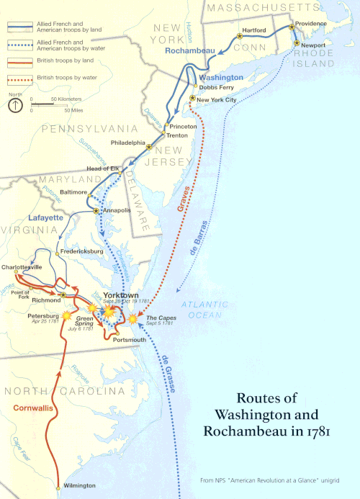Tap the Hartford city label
(x=254, y=30)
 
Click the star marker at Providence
(x=292, y=27)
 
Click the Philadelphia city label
(x=127, y=143)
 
